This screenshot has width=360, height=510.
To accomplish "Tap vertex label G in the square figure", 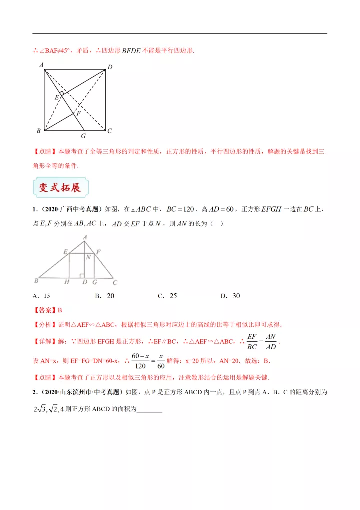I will coord(83,136).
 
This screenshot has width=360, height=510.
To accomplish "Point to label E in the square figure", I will coord(57,97).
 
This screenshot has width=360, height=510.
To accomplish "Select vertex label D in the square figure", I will coord(110,67).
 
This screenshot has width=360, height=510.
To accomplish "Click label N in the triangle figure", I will coord(88,257).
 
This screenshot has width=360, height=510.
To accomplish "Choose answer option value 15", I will coord(47,296).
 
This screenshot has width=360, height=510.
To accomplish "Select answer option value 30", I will coord(236,296).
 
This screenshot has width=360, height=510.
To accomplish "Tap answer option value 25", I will coord(173,296).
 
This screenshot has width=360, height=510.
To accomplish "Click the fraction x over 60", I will coord(161,360).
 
